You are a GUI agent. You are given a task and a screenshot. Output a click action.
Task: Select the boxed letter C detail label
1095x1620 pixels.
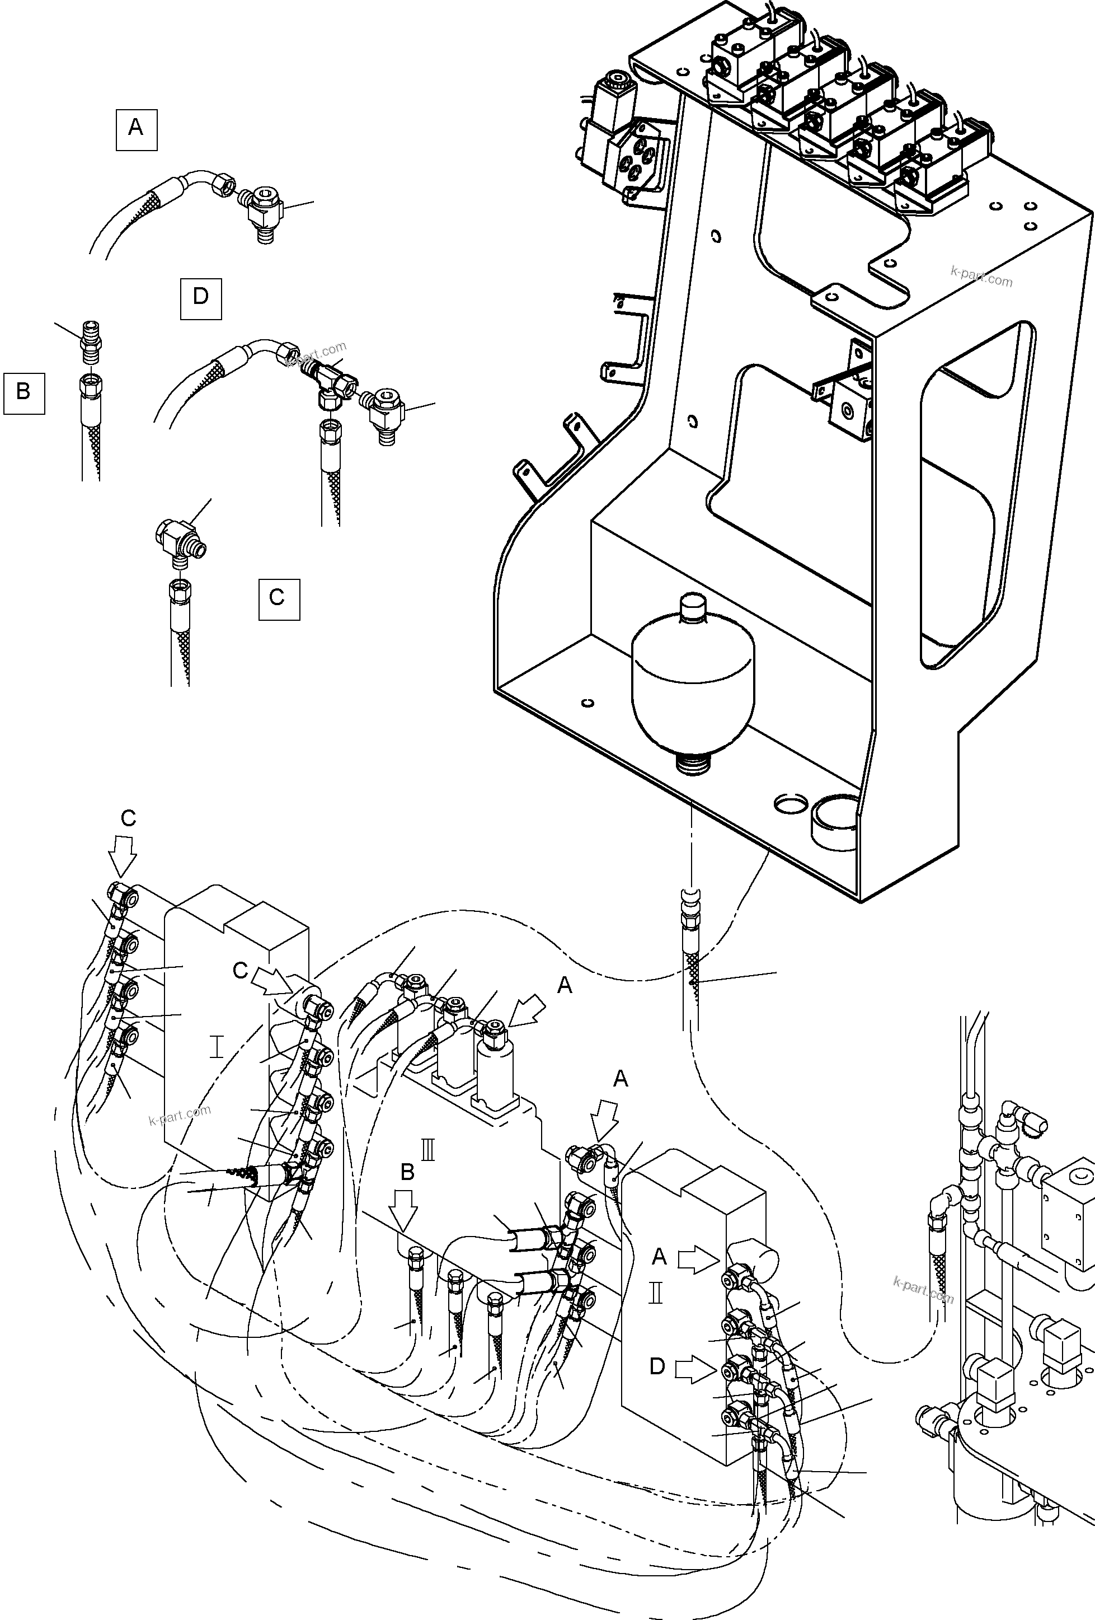[x=279, y=599]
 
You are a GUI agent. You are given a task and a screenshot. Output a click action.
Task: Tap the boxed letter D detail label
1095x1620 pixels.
[x=201, y=298]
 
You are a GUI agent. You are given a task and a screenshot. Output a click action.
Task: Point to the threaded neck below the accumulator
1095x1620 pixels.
[x=692, y=764]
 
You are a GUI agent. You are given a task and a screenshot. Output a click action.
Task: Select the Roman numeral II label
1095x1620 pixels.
[x=656, y=1293]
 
